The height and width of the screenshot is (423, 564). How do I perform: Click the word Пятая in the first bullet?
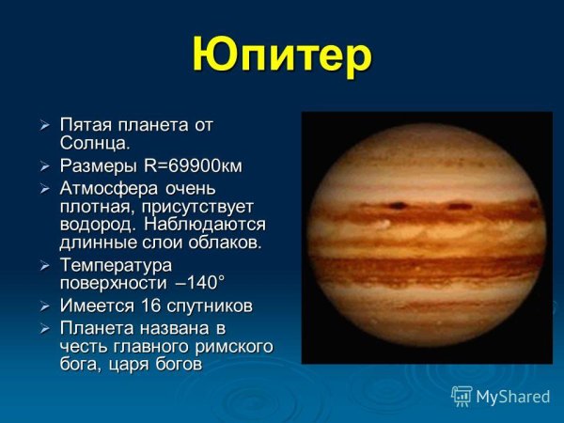(86, 124)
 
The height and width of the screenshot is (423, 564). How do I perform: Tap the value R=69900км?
(193, 166)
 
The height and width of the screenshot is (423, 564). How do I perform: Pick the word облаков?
(228, 243)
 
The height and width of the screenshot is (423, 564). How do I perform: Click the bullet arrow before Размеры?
(43, 167)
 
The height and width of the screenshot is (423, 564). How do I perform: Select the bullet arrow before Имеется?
(43, 307)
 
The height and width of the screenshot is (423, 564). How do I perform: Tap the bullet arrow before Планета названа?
(43, 329)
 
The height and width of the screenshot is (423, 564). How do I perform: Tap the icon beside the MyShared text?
(462, 396)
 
